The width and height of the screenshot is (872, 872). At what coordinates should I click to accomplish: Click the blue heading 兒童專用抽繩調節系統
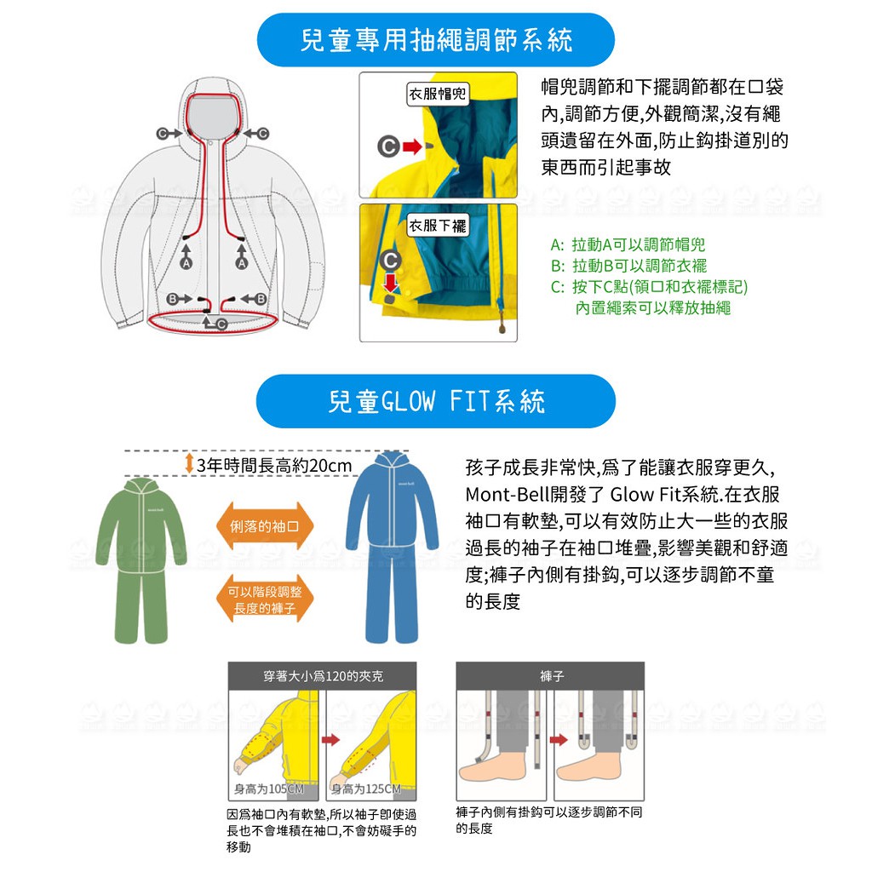(x=435, y=40)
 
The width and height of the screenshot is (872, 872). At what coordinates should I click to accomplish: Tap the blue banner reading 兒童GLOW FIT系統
(x=435, y=401)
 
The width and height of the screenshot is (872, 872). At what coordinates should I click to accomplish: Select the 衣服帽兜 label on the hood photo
(x=437, y=94)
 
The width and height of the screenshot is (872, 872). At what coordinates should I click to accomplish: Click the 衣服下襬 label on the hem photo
(x=437, y=225)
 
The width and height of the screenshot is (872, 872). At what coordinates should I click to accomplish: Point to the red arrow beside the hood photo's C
(x=412, y=146)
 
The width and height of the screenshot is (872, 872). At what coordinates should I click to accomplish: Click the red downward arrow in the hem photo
(x=391, y=281)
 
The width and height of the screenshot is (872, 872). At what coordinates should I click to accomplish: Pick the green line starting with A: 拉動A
(x=628, y=244)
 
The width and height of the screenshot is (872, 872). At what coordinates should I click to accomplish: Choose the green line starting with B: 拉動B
(x=629, y=266)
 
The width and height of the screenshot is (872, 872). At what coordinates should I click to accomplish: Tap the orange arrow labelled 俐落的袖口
(x=265, y=526)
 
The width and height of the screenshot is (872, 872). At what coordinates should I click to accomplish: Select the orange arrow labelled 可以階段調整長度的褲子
(x=265, y=599)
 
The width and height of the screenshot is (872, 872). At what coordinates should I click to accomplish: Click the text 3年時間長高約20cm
(x=274, y=465)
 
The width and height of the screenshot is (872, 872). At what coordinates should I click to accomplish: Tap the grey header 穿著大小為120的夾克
(x=323, y=675)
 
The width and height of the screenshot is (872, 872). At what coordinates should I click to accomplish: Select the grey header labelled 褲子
(x=551, y=675)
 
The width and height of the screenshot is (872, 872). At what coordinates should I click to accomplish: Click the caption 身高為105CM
(x=269, y=789)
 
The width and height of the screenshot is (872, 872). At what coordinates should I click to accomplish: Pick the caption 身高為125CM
(x=366, y=789)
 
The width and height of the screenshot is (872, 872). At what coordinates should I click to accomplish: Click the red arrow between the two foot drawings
(x=559, y=740)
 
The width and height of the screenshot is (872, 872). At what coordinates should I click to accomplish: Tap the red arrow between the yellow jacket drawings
(x=330, y=740)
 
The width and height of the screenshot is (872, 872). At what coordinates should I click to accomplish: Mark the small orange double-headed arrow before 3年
(x=189, y=464)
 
